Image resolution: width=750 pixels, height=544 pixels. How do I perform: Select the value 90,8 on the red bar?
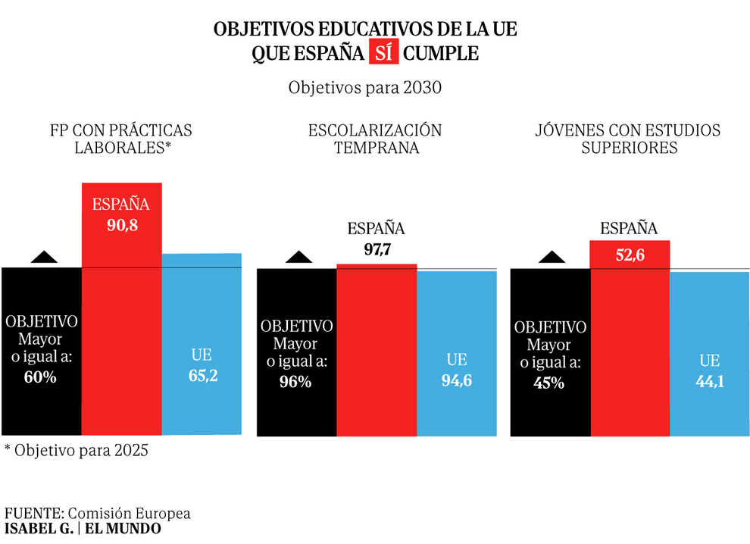tap(121, 225)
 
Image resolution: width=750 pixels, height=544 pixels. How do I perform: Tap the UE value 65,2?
tap(202, 375)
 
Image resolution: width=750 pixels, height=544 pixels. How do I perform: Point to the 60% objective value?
tap(40, 377)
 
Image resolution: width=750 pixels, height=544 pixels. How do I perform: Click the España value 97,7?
tap(376, 250)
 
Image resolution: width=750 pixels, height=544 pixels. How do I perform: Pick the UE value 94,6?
tap(456, 380)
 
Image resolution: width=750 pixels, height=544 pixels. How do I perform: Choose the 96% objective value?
tap(295, 382)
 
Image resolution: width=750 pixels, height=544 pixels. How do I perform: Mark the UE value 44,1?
tap(710, 382)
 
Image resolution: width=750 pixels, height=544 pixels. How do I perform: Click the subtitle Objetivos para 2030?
tap(364, 87)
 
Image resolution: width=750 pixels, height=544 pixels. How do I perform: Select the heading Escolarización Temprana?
tap(374, 139)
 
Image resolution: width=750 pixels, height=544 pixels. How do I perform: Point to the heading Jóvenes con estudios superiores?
tap(629, 139)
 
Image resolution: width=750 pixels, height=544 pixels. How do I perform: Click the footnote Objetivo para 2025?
tap(77, 449)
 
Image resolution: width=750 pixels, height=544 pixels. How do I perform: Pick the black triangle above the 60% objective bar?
tap(44, 257)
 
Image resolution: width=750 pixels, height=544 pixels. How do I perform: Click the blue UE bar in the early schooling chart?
tap(456, 326)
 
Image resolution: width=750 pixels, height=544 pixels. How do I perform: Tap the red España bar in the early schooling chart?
tap(376, 349)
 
